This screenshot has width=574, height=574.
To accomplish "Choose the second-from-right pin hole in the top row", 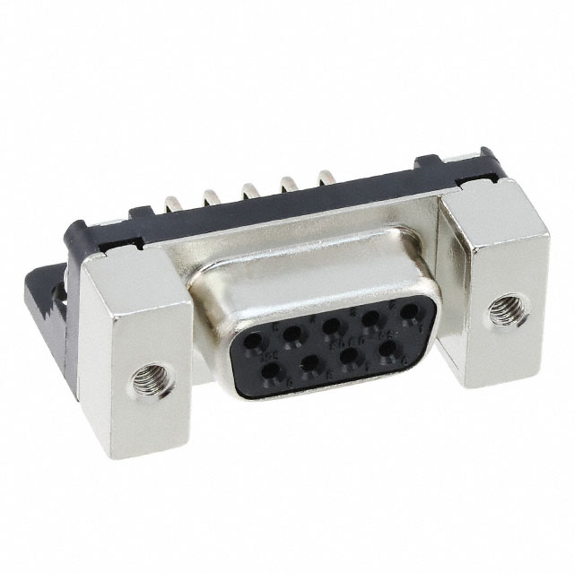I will point(371,318).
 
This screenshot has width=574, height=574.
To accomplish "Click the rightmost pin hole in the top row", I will point(409,311).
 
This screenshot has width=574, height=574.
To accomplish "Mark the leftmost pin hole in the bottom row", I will point(270,370).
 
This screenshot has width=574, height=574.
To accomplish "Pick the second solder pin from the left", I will point(212,196).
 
